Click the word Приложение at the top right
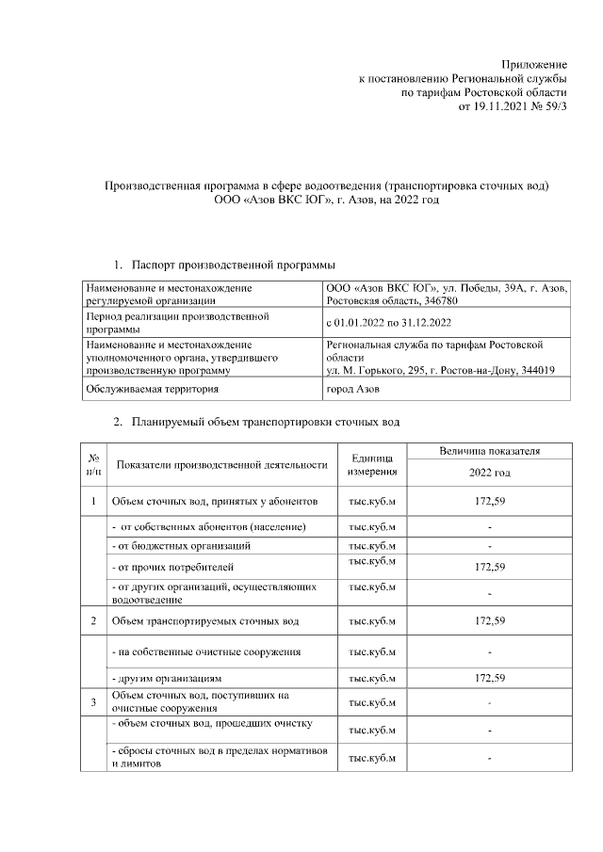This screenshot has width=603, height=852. coord(534,62)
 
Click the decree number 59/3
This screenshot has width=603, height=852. coord(554,107)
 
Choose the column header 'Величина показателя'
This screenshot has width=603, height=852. coord(490,451)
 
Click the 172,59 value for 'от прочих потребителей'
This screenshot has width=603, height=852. coord(490,567)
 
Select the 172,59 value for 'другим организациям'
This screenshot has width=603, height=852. coord(490,677)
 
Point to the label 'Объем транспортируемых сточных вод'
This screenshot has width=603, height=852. coord(205,621)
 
